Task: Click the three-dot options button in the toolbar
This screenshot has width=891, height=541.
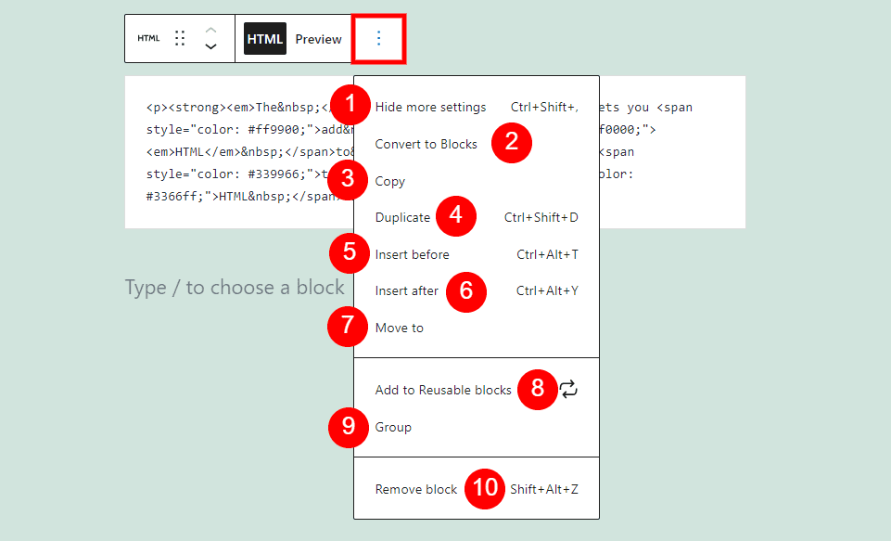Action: (378, 39)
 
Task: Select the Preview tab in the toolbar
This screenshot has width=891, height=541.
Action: (318, 39)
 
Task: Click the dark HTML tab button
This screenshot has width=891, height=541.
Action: (264, 39)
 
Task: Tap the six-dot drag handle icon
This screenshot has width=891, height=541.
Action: (181, 38)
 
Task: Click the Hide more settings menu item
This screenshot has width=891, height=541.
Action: (430, 107)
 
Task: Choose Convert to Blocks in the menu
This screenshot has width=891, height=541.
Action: (426, 144)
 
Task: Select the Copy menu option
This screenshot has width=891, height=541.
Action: (389, 181)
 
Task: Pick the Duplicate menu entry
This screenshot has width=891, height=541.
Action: (402, 217)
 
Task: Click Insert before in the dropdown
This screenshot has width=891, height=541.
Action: (412, 254)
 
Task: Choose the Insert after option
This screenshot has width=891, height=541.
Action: (406, 290)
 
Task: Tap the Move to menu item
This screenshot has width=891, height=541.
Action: (399, 328)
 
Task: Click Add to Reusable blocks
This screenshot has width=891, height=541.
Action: (443, 390)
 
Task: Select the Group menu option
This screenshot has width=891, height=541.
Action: (393, 427)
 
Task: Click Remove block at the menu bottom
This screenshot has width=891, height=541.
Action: (416, 489)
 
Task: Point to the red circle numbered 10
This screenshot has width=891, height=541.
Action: (485, 488)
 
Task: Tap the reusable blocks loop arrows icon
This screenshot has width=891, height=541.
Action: (568, 390)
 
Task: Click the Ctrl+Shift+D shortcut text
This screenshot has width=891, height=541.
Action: (541, 217)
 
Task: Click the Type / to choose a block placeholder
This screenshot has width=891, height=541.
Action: (235, 288)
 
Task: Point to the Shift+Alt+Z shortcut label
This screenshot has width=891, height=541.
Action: (544, 489)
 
